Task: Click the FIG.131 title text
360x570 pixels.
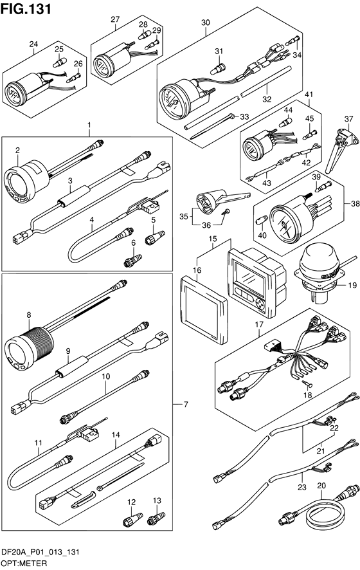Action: tap(26, 9)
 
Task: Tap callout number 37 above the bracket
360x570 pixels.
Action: tap(348, 119)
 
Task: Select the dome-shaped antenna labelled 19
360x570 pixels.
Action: tap(318, 273)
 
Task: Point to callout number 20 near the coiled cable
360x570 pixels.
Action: tap(321, 485)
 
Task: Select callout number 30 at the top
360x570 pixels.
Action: tap(206, 23)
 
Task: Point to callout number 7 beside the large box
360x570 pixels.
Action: tap(186, 404)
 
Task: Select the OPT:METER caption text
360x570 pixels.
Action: tap(24, 563)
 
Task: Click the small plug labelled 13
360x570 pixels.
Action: tap(156, 519)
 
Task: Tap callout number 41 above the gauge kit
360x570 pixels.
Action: tap(309, 95)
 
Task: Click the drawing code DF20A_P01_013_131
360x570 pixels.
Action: tap(40, 553)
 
